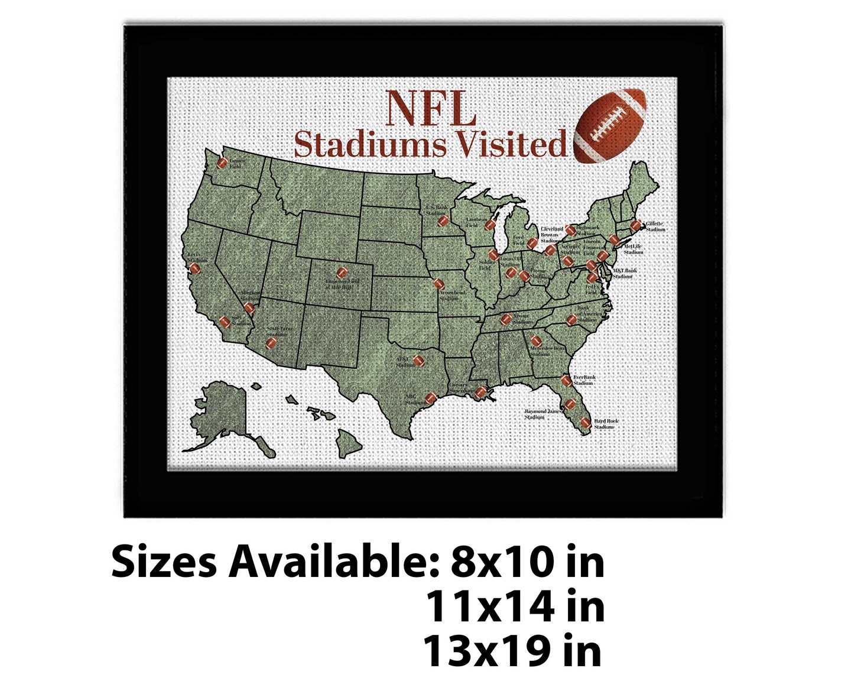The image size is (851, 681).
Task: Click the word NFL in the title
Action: tap(431, 109)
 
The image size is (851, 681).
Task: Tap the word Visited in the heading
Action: tap(506, 145)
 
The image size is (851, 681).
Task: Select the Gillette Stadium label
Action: tap(655, 226)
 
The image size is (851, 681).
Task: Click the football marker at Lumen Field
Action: tap(223, 164)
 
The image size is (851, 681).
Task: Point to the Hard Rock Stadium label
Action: tap(606, 424)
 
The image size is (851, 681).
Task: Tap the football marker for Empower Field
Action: tap(342, 273)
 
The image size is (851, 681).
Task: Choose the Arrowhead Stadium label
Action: tap(452, 296)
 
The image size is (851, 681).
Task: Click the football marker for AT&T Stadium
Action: tap(418, 360)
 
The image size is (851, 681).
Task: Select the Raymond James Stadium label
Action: tap(543, 414)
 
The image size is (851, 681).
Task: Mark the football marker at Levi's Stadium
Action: tap(195, 268)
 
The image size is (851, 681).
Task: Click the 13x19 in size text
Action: tap(512, 651)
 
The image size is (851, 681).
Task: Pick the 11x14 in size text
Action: tap(515, 607)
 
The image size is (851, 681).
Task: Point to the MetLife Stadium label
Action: tap(633, 249)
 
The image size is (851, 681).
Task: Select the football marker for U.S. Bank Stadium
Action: tap(443, 221)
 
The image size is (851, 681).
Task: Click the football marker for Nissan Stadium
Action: tap(506, 319)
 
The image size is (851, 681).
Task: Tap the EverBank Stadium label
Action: tap(584, 380)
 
